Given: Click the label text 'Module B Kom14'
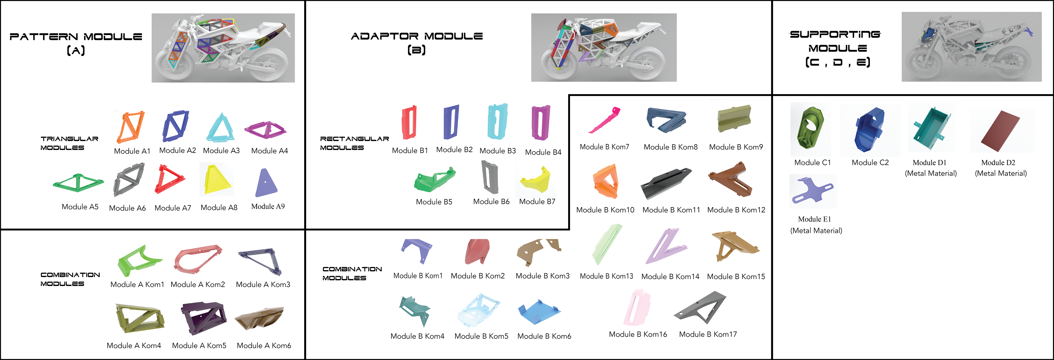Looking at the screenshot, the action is click(x=670, y=277).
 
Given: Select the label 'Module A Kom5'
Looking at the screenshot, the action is click(x=199, y=346).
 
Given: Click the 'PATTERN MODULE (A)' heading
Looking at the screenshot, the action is click(x=76, y=43).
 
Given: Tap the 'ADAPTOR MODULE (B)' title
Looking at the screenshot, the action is click(x=417, y=43).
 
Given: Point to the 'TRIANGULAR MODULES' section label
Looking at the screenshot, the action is click(x=69, y=143).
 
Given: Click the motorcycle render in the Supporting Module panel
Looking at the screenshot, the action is click(x=971, y=47).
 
